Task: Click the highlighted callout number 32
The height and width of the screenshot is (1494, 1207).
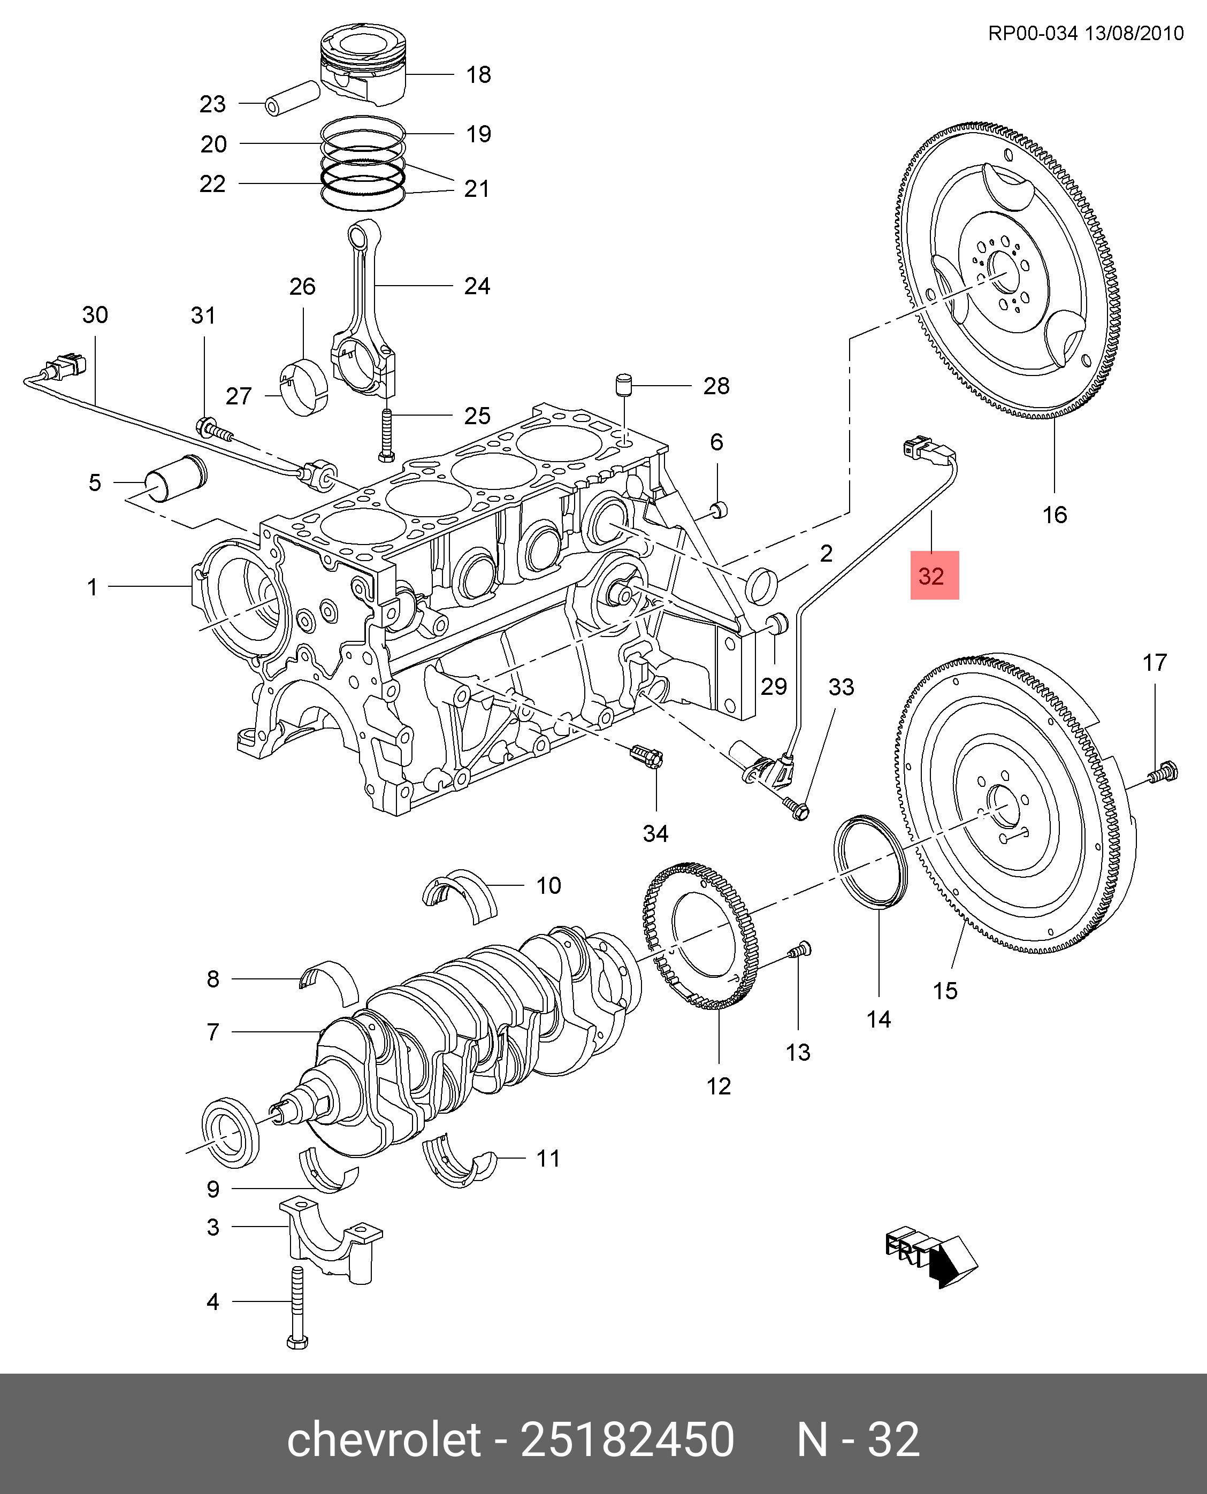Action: pos(934,576)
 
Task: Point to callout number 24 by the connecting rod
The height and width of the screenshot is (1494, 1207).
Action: pos(477,286)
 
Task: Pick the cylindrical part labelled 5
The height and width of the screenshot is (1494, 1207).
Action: pos(176,478)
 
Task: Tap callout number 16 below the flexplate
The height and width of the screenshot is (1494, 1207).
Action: pos(1054,515)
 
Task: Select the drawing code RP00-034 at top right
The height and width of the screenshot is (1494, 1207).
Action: pos(1033,33)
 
